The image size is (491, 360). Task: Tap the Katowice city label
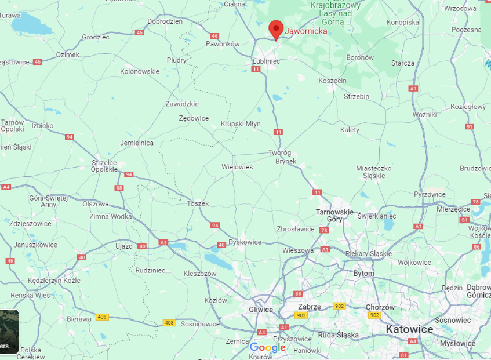[410, 329]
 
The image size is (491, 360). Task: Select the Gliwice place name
[260, 310]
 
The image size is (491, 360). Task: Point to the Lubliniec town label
[266, 60]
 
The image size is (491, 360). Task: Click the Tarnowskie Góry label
[334, 216]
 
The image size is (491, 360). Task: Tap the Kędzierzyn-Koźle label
[53, 281]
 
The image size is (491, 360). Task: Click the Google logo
[268, 348]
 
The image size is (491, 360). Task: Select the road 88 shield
[119, 188]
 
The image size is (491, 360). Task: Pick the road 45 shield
[10, 261]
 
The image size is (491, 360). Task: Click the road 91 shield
[469, 126]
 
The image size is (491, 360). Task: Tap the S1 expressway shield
[464, 220]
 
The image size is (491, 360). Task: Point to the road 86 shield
[477, 247]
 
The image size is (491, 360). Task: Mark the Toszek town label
[198, 203]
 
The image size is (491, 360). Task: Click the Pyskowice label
[245, 242]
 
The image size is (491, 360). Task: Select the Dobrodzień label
[165, 21]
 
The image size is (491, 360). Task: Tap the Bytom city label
[363, 273]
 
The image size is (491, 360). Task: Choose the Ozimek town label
[68, 54]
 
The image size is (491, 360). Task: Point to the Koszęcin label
[333, 81]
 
